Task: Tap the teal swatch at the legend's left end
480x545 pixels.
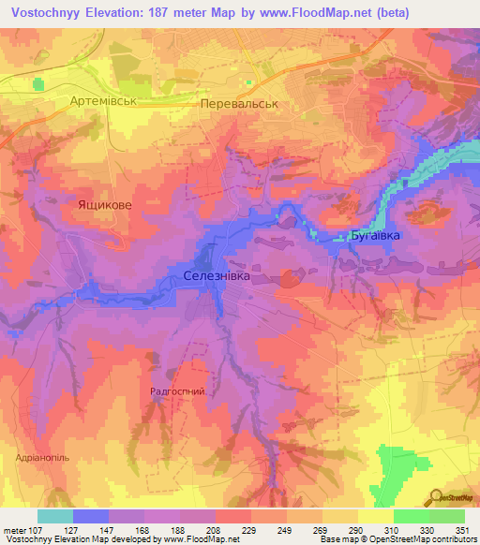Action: click(x=54, y=516)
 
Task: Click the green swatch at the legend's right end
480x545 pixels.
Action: click(x=446, y=516)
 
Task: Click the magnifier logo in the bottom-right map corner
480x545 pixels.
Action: click(x=435, y=496)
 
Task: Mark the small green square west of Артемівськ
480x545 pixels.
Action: click(x=37, y=84)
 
